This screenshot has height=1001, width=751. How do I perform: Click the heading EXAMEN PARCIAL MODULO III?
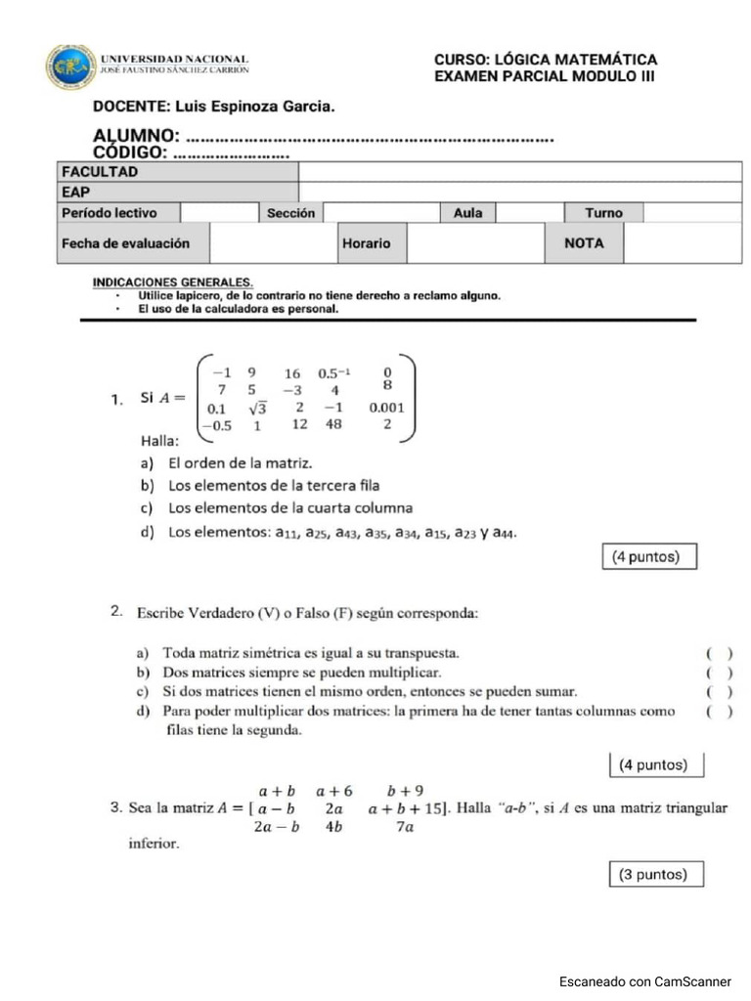pos(545,77)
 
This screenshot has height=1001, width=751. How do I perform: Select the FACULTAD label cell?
pos(177,172)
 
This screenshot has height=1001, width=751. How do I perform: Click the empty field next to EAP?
pos(519,193)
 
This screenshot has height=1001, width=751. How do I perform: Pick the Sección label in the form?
pos(290,213)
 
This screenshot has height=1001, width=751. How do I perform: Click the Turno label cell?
pos(603,213)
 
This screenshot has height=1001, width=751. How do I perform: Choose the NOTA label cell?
pos(584,243)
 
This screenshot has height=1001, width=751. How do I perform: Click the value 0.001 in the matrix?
pos(386,408)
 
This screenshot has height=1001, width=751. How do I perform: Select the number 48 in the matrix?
pos(333,424)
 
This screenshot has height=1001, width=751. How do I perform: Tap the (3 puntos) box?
pos(653,874)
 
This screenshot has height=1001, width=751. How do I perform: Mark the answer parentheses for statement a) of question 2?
pos(719,653)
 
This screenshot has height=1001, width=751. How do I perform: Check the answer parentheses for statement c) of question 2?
pos(719,692)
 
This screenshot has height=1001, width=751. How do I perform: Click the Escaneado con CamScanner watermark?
pos(644,980)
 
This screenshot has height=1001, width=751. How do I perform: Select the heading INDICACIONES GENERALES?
pos(173,283)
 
